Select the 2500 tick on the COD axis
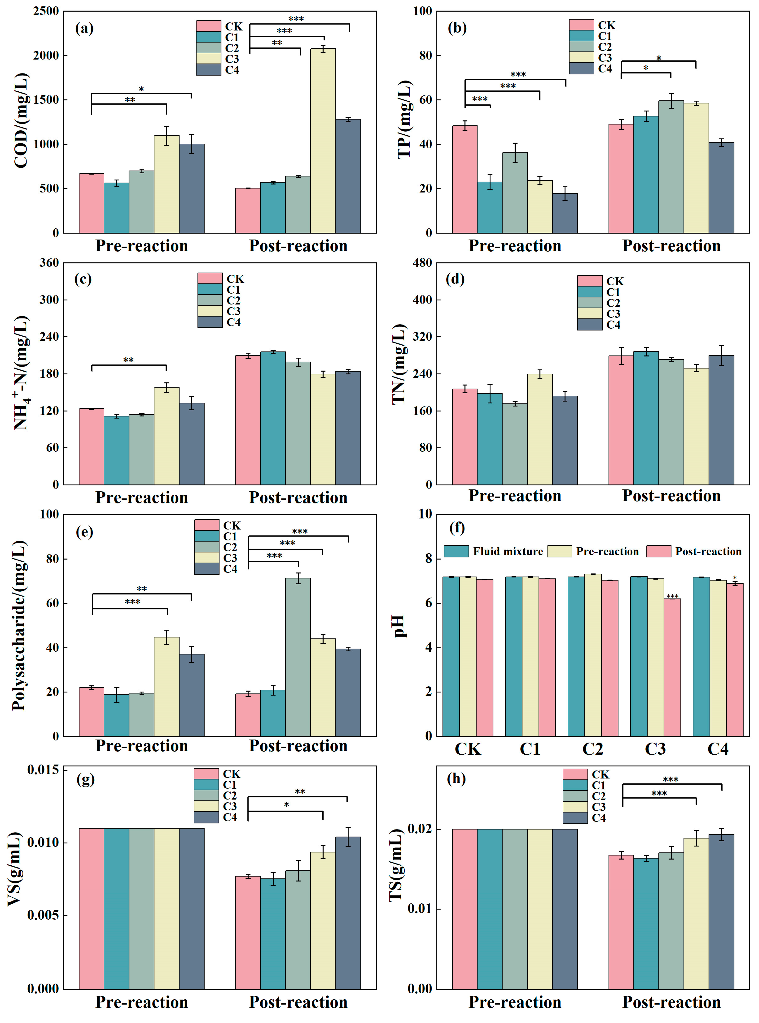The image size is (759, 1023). (46, 11)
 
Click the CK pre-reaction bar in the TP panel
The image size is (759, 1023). (464, 179)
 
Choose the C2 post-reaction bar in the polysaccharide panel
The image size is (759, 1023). (298, 657)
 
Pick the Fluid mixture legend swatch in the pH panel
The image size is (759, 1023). (456, 551)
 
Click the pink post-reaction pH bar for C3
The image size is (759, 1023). (672, 667)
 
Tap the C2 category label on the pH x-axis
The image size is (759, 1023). (593, 749)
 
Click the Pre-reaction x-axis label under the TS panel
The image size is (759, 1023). (515, 1002)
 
